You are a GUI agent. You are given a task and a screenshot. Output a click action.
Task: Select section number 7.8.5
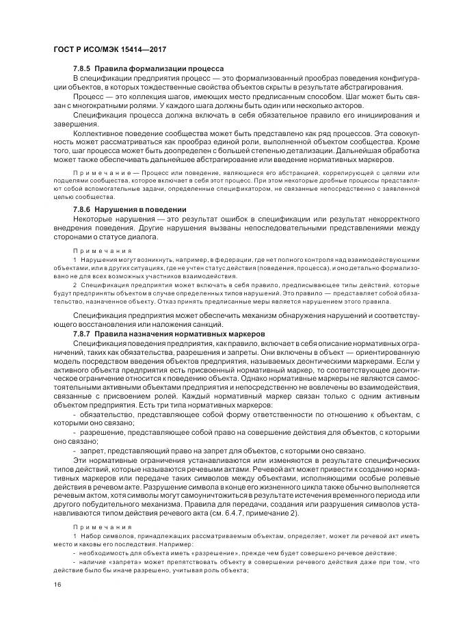pos(81,69)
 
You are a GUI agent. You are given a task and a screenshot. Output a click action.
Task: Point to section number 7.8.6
pos(81,209)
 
